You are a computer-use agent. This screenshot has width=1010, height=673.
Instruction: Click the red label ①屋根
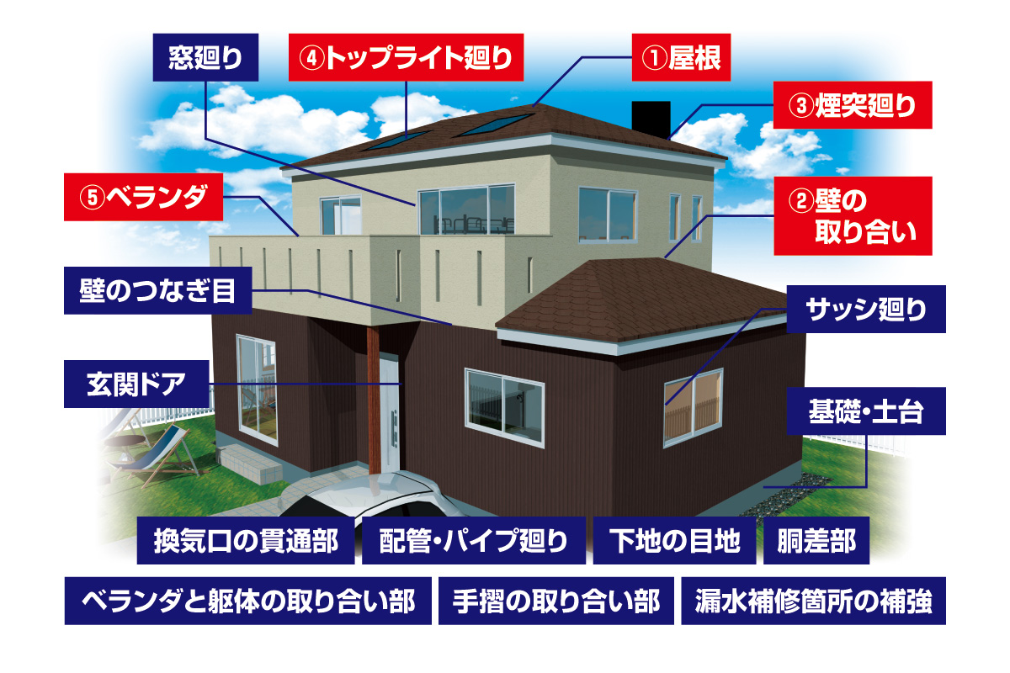click(681, 57)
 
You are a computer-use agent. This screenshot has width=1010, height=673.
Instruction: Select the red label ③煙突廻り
click(852, 105)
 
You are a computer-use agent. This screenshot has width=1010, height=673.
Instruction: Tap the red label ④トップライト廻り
click(406, 57)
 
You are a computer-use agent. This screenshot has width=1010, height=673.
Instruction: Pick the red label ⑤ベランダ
click(143, 197)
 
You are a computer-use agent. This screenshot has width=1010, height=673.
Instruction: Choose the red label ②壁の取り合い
click(853, 216)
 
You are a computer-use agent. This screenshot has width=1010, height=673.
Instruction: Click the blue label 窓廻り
click(205, 57)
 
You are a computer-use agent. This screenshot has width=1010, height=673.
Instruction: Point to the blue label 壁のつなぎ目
click(158, 290)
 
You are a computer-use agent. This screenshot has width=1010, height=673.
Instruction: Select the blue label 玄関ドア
click(136, 384)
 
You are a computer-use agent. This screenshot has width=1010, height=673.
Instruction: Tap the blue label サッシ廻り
click(866, 310)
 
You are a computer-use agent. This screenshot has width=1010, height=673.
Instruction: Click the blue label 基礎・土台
click(866, 411)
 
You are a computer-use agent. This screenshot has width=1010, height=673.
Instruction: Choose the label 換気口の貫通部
click(246, 540)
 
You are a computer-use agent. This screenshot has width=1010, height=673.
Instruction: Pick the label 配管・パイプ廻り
click(474, 540)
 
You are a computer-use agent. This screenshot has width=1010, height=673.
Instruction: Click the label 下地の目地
click(674, 540)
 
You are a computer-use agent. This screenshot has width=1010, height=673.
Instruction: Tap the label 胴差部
click(816, 540)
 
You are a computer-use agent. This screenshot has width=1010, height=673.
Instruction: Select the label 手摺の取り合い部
click(556, 601)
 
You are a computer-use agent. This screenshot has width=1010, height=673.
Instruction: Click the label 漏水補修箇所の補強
click(813, 601)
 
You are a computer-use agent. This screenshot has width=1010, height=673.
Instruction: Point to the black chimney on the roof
click(651, 119)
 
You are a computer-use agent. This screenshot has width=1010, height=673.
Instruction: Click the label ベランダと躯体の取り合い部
click(248, 601)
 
